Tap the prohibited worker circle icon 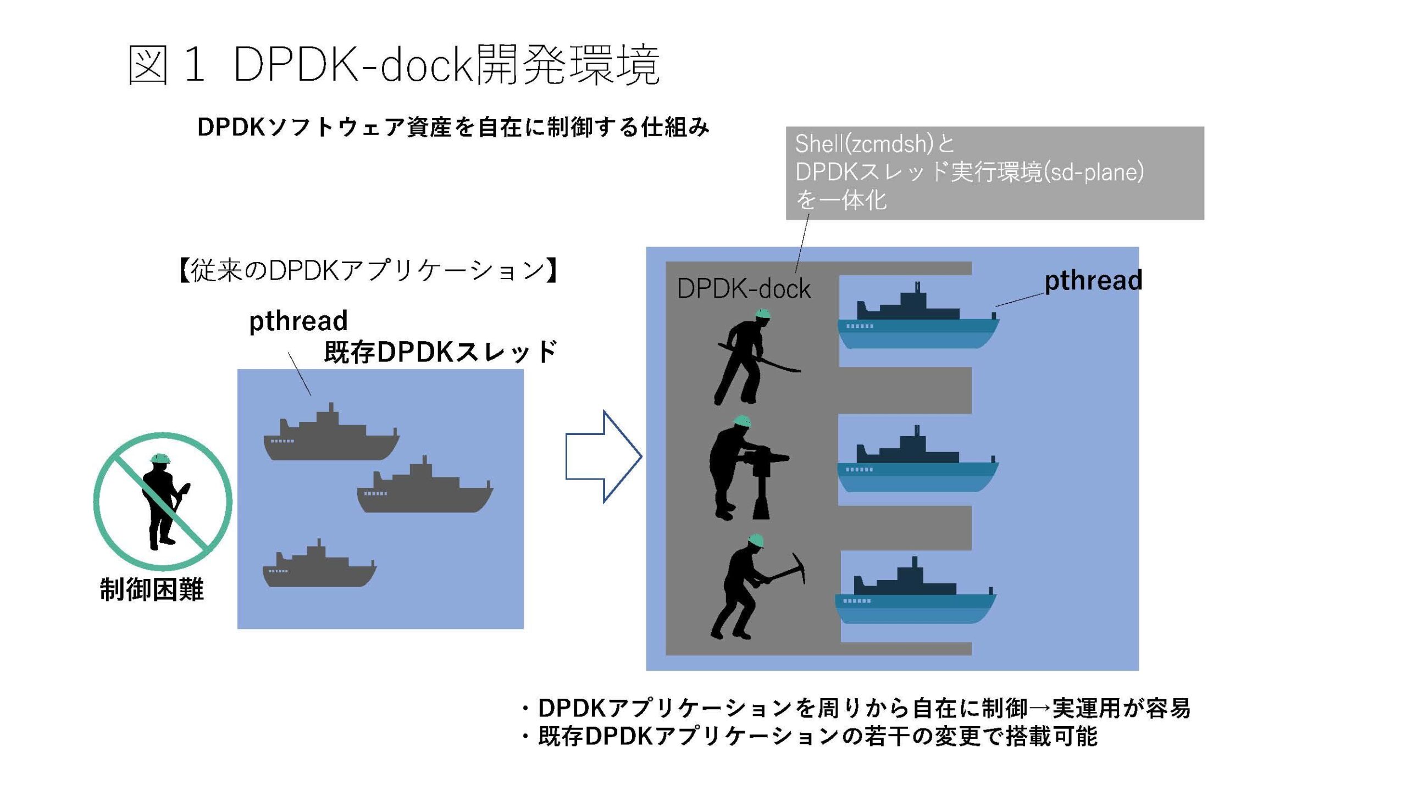(163, 501)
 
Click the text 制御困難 (152, 589)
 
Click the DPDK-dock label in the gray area (744, 289)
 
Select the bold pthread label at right (1093, 281)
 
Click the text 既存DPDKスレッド (440, 352)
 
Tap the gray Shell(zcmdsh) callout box (995, 172)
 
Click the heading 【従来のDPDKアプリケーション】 (369, 270)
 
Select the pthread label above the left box (298, 321)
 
